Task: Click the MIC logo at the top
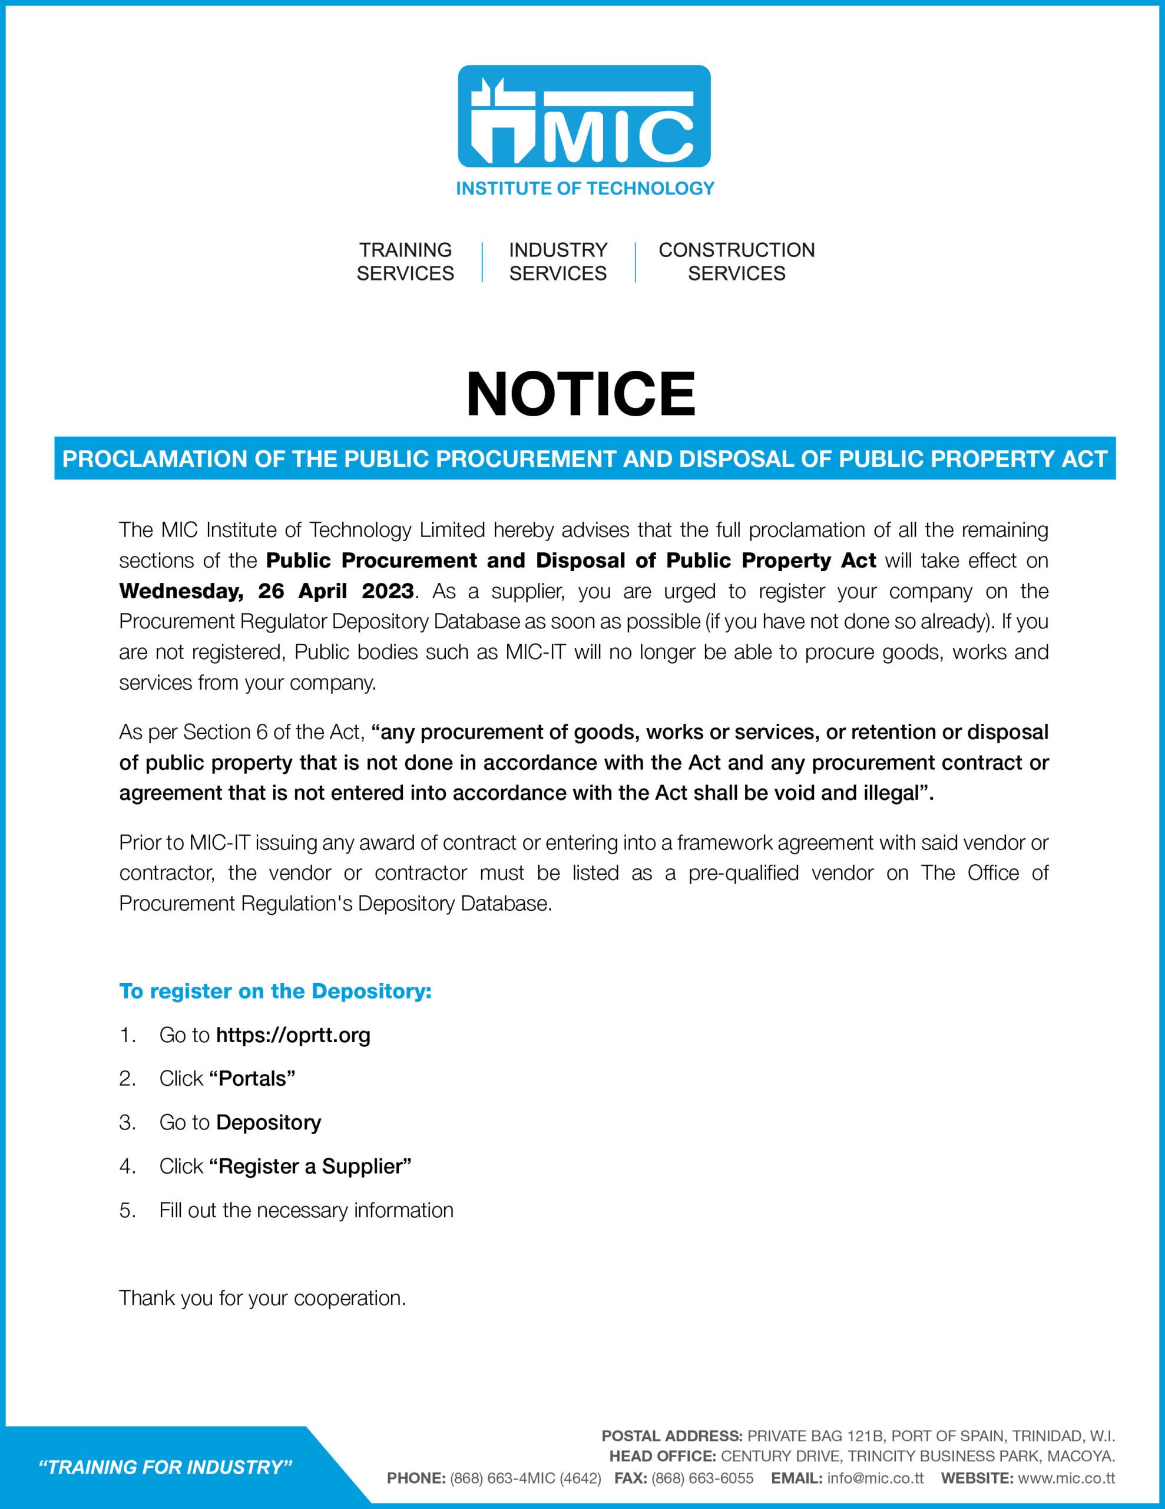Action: pos(584,116)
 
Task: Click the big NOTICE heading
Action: pos(581,394)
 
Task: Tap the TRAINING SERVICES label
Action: pos(405,262)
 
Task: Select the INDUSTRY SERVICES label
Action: pos(558,262)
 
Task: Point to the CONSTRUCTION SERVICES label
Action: pos(736,262)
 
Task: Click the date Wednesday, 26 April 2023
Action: pos(267,591)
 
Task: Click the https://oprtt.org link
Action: pos(293,1035)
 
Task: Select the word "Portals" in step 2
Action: pos(252,1079)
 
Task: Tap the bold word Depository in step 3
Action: pos(269,1122)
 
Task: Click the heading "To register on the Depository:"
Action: pos(276,991)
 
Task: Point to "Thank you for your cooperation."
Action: pos(263,1298)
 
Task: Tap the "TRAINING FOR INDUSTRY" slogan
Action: pos(166,1467)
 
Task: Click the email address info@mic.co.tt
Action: pos(875,1478)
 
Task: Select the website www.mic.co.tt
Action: pos(1066,1478)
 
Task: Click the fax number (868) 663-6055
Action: pos(702,1478)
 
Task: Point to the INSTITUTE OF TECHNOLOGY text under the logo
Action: pos(585,188)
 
